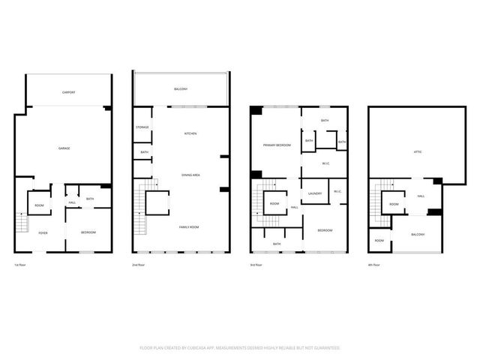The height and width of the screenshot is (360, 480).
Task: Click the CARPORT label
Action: [68, 92]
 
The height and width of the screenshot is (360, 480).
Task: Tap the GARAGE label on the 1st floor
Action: [64, 148]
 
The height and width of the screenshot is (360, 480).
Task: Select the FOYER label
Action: [43, 233]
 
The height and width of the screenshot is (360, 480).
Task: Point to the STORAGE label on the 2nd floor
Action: [142, 127]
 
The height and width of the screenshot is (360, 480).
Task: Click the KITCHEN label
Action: [190, 133]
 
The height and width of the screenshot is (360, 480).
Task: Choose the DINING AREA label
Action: [190, 175]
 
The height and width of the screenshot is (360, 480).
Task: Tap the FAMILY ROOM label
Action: [188, 226]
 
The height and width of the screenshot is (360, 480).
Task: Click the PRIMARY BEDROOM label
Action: [276, 145]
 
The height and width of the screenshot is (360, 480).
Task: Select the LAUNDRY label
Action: [314, 193]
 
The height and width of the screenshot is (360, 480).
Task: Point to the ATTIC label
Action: [417, 152]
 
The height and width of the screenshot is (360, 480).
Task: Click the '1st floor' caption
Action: [21, 265]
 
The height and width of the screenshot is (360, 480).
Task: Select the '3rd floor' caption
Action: [256, 265]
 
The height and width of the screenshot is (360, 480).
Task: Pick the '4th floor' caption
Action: [374, 265]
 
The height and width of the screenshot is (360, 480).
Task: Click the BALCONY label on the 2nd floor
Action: [181, 89]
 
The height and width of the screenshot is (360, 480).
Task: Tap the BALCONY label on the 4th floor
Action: [418, 235]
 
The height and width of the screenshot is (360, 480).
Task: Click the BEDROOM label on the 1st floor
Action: [88, 233]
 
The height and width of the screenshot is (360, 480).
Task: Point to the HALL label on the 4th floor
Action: [421, 196]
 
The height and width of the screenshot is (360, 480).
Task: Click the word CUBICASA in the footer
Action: [205, 348]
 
